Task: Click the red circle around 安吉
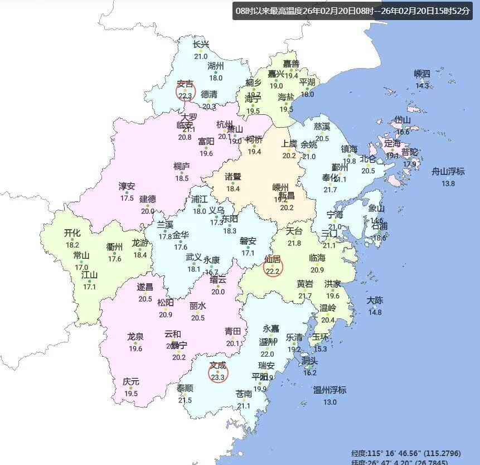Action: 185,90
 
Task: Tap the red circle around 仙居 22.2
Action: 273,267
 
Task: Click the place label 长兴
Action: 201,45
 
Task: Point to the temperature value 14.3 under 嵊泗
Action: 422,85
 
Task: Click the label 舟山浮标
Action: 448,172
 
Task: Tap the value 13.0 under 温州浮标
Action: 330,402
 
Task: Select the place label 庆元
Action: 131,382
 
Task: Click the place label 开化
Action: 72,233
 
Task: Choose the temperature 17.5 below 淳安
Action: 127,198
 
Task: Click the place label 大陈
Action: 375,301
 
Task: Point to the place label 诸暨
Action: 232,177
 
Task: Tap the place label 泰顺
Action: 185,389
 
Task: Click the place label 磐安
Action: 248,241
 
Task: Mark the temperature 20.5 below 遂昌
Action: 145,299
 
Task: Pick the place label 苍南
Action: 244,394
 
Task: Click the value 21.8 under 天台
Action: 294,243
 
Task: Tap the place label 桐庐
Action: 182,166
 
